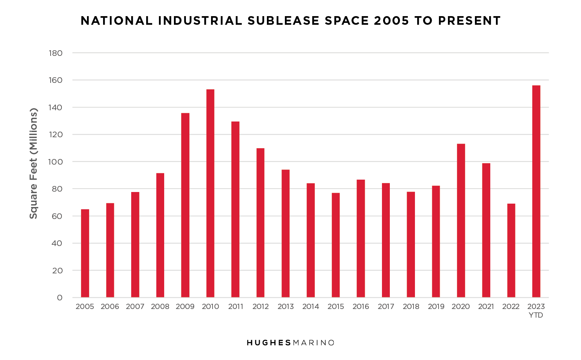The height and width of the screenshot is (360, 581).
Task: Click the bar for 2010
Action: (x=210, y=193)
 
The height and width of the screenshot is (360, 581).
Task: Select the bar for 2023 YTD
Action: (x=536, y=191)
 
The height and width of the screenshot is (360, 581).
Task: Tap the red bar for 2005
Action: (x=85, y=253)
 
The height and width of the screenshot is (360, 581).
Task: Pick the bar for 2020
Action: (x=461, y=220)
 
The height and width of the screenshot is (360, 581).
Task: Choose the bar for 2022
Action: (x=511, y=250)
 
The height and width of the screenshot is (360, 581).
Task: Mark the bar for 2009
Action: (x=185, y=205)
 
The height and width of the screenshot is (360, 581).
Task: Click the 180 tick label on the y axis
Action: (x=55, y=53)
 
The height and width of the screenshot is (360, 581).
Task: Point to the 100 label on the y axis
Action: (x=55, y=162)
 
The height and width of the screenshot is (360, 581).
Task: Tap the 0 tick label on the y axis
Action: (x=60, y=298)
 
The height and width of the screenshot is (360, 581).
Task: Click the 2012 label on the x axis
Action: (x=261, y=307)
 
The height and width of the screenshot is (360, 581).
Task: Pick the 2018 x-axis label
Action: (x=411, y=307)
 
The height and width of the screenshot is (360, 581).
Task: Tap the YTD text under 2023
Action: (x=536, y=315)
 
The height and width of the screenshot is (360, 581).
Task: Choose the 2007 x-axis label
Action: (x=135, y=307)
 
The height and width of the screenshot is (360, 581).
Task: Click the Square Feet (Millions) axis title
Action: (x=34, y=164)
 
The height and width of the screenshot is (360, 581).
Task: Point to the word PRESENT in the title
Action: (x=469, y=21)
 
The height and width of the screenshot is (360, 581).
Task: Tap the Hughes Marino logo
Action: (x=290, y=343)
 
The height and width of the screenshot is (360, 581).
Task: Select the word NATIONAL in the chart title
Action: (x=117, y=21)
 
